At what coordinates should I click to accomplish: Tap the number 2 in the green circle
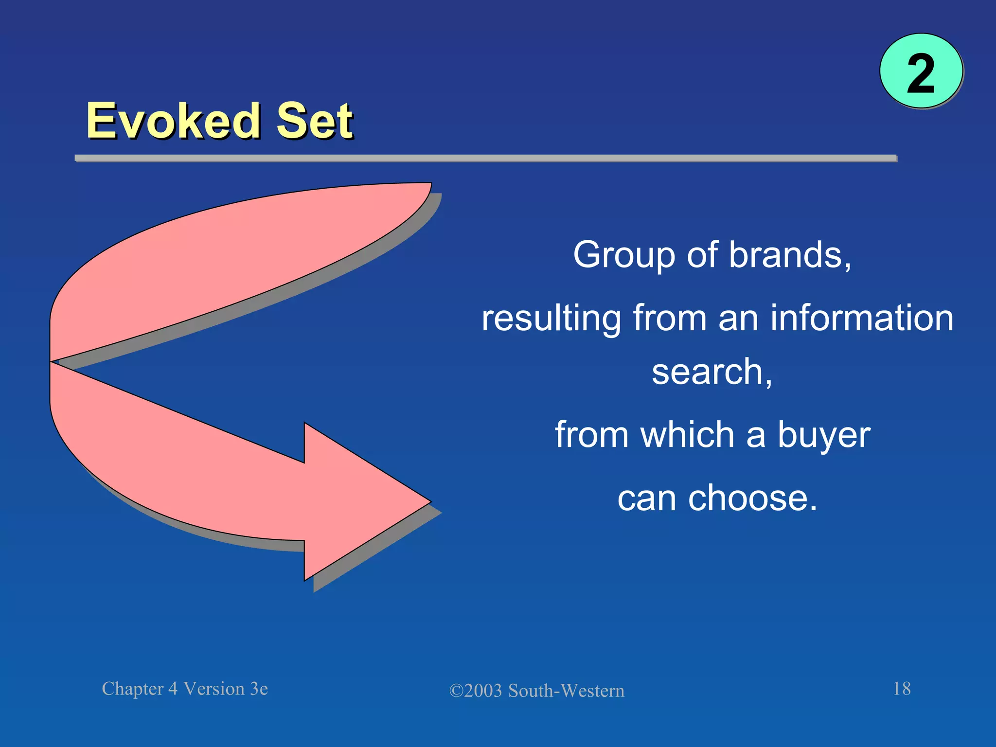pos(921,74)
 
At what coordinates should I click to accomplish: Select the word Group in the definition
pos(624,255)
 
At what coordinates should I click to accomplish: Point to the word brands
pos(790,255)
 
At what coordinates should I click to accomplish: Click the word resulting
pos(551,319)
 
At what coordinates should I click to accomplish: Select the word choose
pos(752,498)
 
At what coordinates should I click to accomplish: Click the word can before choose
pos(646,498)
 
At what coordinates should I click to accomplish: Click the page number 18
pos(902,689)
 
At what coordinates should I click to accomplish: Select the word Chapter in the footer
pos(132,689)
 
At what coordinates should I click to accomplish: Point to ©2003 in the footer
pos(476,691)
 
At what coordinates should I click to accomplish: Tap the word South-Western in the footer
pos(566,691)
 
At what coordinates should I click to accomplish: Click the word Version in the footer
pos(214,689)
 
